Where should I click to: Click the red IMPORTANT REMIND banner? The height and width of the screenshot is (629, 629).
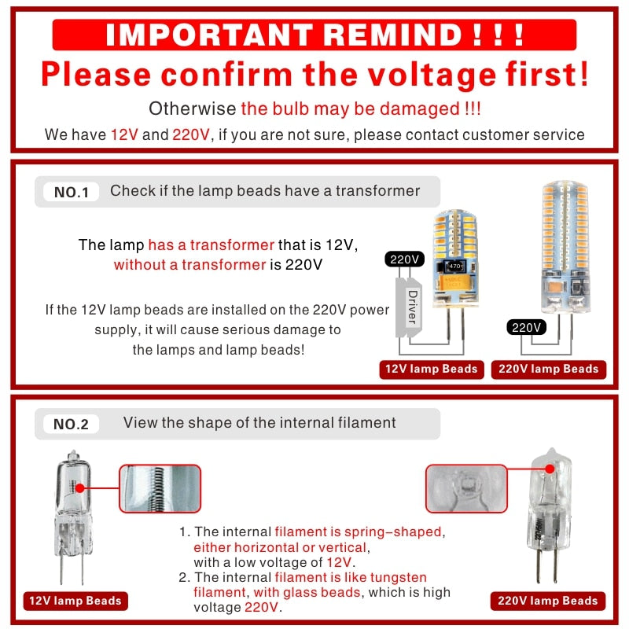[x=314, y=35]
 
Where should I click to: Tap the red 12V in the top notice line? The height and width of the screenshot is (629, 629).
[x=124, y=134]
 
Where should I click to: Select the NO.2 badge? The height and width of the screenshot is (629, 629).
[x=71, y=425]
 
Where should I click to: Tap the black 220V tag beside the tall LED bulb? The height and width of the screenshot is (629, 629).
[x=524, y=327]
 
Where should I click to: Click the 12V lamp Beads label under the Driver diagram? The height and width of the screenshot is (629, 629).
[x=431, y=369]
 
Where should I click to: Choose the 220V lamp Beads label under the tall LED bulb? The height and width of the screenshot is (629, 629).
[x=548, y=369]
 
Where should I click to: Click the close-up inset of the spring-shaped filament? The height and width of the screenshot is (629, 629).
[x=160, y=488]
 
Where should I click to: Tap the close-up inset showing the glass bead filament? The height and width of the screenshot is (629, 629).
[x=465, y=488]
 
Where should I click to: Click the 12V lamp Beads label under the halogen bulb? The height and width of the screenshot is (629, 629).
[x=75, y=601]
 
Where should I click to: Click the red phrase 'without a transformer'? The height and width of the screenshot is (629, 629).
[x=189, y=264]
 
